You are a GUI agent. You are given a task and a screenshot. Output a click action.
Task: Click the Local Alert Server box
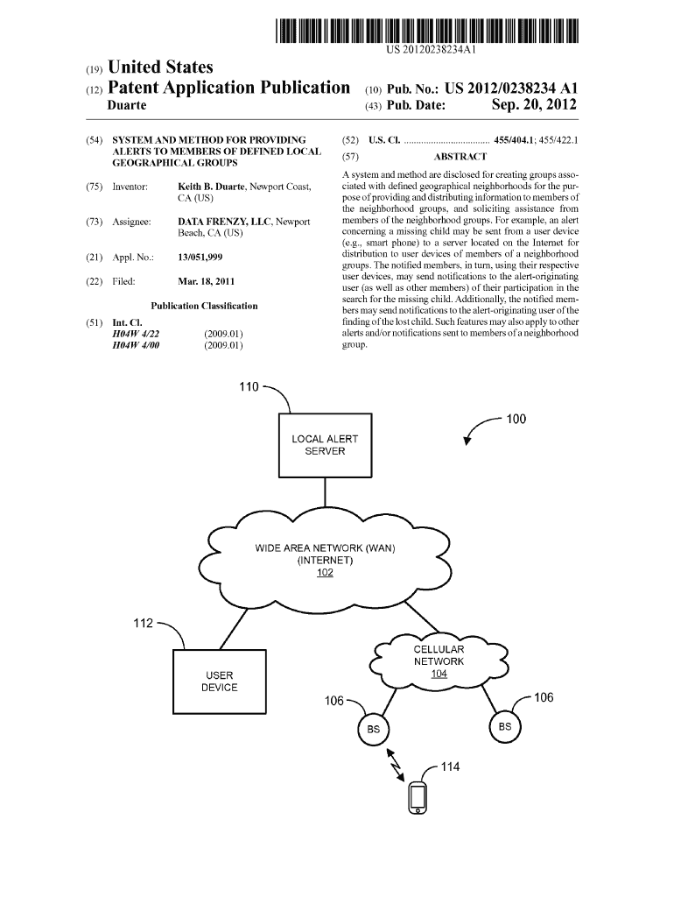pyautogui.click(x=325, y=445)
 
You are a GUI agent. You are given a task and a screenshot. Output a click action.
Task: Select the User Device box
pyautogui.click(x=220, y=682)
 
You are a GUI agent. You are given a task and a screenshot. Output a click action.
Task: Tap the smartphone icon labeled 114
pyautogui.click(x=418, y=798)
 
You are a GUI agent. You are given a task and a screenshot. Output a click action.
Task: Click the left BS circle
pyautogui.click(x=373, y=730)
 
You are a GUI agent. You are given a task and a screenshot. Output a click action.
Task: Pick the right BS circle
pyautogui.click(x=505, y=727)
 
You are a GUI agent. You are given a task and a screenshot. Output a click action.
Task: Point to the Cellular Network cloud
pyautogui.click(x=439, y=661)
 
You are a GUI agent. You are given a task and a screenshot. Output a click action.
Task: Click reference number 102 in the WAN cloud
pyautogui.click(x=325, y=573)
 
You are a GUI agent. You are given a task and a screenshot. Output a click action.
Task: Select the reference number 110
pyautogui.click(x=249, y=387)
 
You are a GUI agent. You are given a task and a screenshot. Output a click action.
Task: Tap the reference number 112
pyautogui.click(x=143, y=623)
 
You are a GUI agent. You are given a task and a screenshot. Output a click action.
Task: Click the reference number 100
pyautogui.click(x=516, y=419)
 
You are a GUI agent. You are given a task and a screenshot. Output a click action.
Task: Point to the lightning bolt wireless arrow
pyautogui.click(x=396, y=765)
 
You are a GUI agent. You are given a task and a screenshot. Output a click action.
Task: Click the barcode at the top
pyautogui.click(x=426, y=31)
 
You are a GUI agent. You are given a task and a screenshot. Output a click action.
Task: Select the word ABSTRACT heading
pyautogui.click(x=460, y=157)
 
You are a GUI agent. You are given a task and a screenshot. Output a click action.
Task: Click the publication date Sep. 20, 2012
pyautogui.click(x=534, y=105)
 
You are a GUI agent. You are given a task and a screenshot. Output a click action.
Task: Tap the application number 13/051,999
pyautogui.click(x=200, y=258)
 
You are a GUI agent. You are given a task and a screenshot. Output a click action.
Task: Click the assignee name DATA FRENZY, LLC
pyautogui.click(x=224, y=222)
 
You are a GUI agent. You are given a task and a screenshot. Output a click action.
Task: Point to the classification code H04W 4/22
pyautogui.click(x=136, y=334)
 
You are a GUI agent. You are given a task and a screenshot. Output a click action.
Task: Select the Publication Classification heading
pyautogui.click(x=204, y=306)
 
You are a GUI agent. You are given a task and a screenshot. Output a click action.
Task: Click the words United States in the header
pyautogui.click(x=160, y=67)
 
